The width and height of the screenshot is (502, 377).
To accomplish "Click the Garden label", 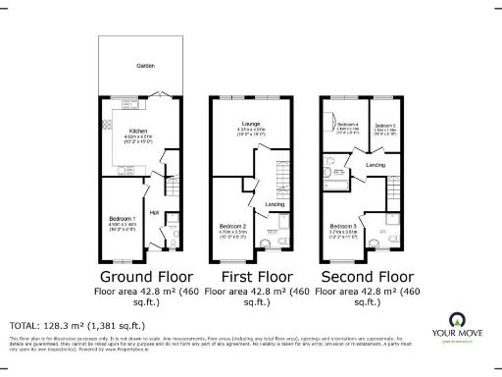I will (145, 66).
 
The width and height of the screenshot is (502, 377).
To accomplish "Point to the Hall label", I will (153, 212).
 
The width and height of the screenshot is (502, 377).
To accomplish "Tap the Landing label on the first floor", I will (275, 204).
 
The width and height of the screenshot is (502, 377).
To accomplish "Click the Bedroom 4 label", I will (347, 125).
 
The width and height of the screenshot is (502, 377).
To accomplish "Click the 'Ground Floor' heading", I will (144, 277).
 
